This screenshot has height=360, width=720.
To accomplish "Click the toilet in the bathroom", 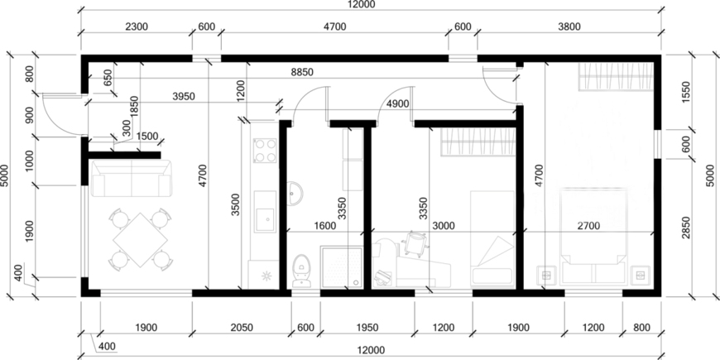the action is pos(300,270).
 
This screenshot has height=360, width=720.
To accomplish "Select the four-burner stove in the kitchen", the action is pos(265,151).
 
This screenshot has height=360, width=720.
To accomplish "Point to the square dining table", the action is pos(140,239).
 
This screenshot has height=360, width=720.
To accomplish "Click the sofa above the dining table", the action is pos(132,178).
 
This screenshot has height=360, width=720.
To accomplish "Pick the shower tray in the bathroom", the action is pos(341,267).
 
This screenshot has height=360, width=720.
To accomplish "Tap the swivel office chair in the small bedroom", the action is pos(415,242).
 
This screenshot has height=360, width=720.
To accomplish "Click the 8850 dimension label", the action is pos(302,72).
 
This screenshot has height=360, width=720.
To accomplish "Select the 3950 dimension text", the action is pos(184,97).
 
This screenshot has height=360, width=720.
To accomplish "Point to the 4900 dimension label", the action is pos(397,103).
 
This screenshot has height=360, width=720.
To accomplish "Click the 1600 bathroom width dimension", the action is pos(324,225).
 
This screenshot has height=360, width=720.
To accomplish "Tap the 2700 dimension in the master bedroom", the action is pos(588,225).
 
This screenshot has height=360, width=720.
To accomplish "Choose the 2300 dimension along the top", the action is pos(137,26).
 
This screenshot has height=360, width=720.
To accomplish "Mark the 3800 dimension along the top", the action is pos(569,26).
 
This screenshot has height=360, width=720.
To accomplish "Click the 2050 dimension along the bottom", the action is pos(242,328).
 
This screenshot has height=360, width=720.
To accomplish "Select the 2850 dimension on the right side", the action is pos(686,228).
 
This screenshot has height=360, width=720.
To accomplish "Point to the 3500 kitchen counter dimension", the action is pos(235,204).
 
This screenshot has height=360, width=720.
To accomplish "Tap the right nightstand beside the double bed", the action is pos(640,276).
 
